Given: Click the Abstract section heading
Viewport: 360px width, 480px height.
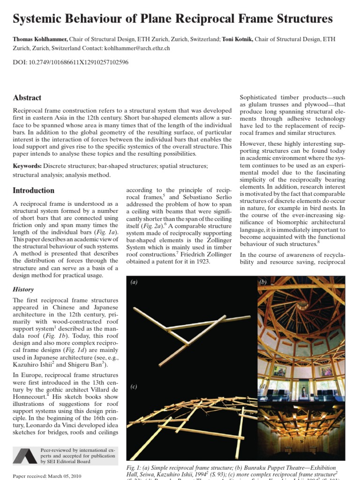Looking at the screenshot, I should coord(27,98).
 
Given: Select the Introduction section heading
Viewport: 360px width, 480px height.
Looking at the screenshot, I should coord(33,191).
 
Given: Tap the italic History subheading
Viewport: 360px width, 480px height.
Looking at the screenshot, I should coord(23,290).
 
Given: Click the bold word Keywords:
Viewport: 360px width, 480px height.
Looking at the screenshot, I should coord(27,166).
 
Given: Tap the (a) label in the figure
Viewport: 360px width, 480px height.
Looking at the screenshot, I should coord(134,282).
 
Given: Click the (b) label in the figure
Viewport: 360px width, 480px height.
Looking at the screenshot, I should coord(262,282).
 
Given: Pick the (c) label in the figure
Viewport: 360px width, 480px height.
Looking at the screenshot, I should coord(134,386).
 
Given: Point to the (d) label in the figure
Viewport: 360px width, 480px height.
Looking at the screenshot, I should coord(262,386).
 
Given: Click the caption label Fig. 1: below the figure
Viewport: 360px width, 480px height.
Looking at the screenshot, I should coord(135,468).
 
